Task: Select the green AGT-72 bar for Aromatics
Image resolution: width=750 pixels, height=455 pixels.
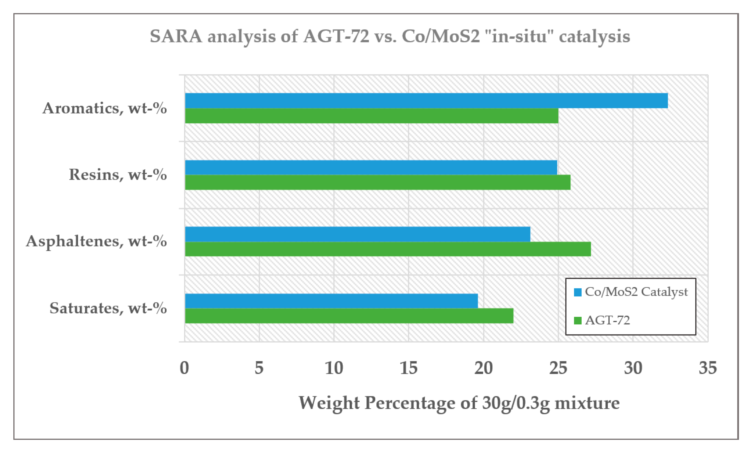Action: pyautogui.click(x=371, y=116)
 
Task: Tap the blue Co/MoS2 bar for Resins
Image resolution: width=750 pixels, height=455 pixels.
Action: pyautogui.click(x=371, y=167)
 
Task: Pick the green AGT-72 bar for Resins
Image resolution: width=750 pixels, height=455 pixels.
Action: pyautogui.click(x=377, y=182)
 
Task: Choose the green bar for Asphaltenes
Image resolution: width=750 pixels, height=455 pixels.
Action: pyautogui.click(x=388, y=249)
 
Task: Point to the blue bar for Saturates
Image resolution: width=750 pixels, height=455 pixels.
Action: pyautogui.click(x=331, y=301)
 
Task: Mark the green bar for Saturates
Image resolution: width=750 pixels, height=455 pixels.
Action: pyautogui.click(x=349, y=316)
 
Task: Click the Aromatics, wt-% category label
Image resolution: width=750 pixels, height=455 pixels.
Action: pyautogui.click(x=104, y=108)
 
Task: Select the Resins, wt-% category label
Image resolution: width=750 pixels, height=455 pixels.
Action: pyautogui.click(x=117, y=175)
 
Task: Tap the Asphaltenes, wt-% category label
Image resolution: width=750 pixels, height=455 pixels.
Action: pyautogui.click(x=96, y=241)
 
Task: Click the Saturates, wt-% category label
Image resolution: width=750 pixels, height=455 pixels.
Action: pyautogui.click(x=108, y=308)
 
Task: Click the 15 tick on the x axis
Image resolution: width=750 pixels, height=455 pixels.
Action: pyautogui.click(x=408, y=368)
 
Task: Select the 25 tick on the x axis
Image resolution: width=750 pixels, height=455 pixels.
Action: pyautogui.click(x=558, y=368)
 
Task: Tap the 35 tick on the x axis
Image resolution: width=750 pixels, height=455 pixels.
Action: pyautogui.click(x=708, y=368)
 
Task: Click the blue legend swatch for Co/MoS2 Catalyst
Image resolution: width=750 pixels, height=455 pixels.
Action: pyautogui.click(x=577, y=292)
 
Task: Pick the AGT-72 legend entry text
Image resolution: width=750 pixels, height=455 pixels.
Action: pyautogui.click(x=607, y=320)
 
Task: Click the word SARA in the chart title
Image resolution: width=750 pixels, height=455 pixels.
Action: pyautogui.click(x=176, y=37)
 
